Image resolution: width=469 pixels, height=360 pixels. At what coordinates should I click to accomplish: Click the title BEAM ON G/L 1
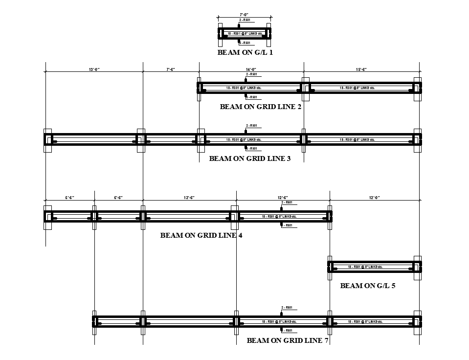(245, 52)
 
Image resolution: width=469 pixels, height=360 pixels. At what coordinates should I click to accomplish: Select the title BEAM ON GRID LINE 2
(261, 107)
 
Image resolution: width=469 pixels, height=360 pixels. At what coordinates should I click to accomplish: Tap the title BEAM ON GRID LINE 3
(250, 158)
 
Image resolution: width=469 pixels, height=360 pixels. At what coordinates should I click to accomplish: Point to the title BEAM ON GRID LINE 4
(201, 235)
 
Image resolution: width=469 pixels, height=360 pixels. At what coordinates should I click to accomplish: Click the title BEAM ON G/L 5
(368, 286)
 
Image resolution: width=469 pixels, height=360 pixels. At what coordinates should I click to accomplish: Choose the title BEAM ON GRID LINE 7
(288, 340)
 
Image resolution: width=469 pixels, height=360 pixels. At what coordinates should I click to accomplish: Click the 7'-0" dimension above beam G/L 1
(245, 15)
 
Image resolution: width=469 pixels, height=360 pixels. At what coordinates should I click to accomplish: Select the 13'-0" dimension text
(94, 69)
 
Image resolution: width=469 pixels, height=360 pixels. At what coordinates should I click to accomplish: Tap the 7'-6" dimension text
(171, 69)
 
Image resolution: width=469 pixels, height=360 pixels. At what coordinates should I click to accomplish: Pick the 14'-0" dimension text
(251, 69)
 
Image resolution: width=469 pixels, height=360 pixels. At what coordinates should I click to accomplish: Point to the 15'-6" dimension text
(361, 69)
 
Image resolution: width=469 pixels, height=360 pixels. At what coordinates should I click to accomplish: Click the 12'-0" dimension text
(374, 198)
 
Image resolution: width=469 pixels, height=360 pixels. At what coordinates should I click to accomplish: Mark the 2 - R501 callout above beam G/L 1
(245, 20)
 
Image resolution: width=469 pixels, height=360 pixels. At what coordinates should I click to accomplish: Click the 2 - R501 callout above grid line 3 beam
(251, 126)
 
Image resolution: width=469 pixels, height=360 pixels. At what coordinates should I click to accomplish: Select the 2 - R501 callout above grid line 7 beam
(287, 308)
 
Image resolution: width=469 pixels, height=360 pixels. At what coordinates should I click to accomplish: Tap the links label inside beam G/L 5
(365, 267)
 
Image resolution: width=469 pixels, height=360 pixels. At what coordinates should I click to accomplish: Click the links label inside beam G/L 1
(245, 33)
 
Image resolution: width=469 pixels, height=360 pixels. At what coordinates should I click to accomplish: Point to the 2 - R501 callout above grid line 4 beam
(287, 202)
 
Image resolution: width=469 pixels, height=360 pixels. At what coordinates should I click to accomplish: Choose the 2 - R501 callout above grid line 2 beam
(251, 74)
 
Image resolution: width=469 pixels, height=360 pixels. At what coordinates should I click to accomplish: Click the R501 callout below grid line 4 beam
(287, 225)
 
